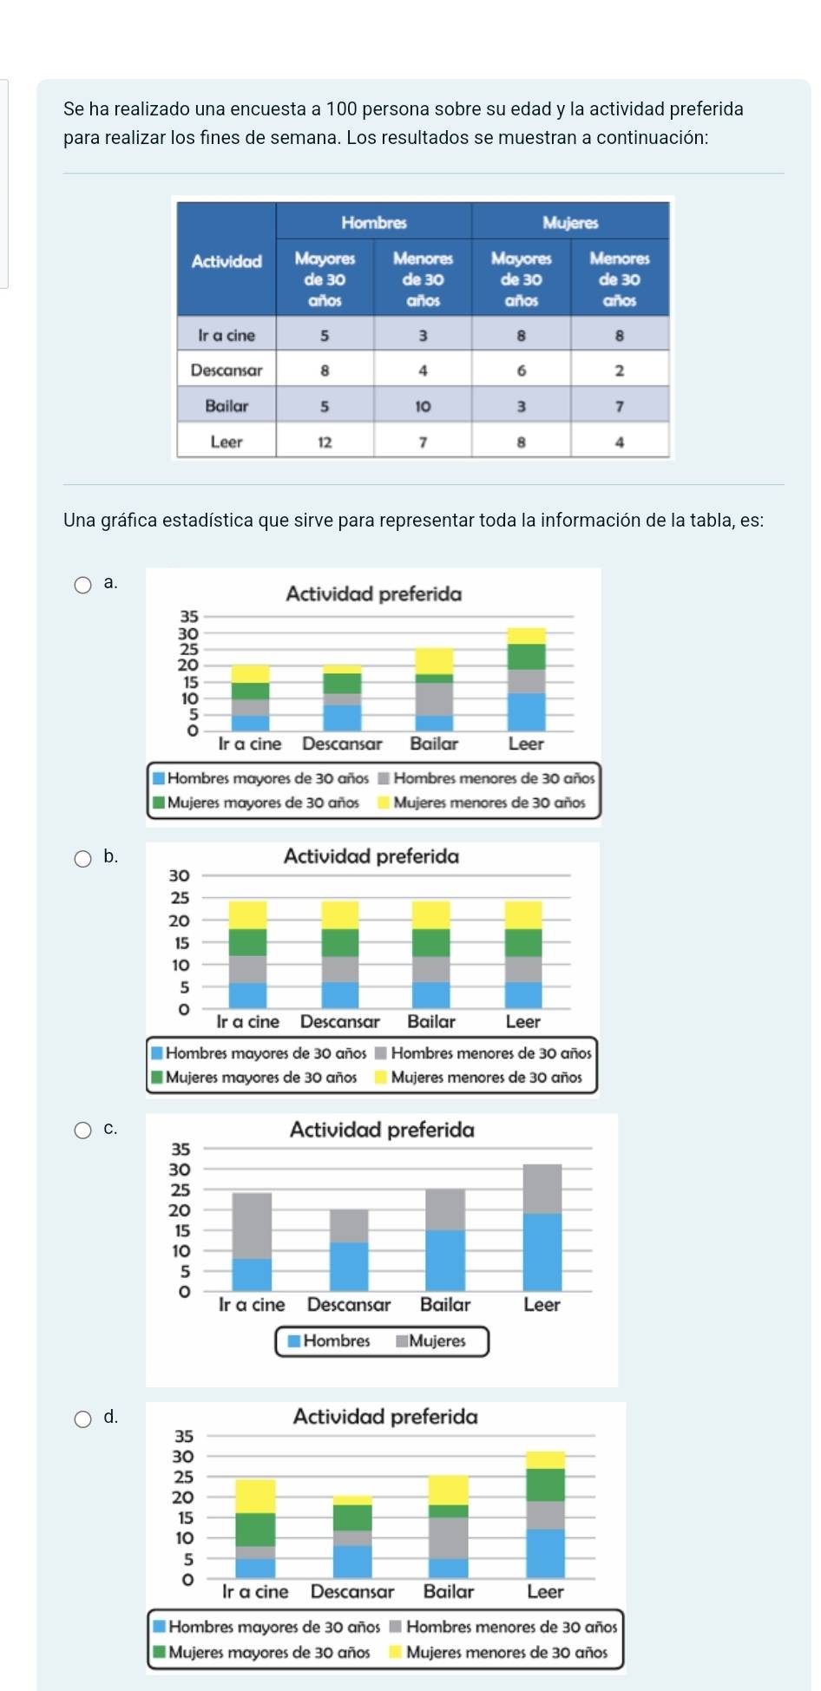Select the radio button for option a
[82, 584]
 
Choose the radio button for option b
[82, 859]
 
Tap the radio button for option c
[82, 1130]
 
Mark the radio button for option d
[82, 1419]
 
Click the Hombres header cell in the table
[374, 222]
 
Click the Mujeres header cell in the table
[570, 222]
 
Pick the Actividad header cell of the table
[227, 261]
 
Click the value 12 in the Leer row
[325, 442]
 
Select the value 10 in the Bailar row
[423, 406]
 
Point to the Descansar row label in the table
[227, 370]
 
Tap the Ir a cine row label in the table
[227, 335]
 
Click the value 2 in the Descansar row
[620, 370]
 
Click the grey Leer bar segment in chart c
[542, 1189]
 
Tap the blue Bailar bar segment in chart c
[445, 1260]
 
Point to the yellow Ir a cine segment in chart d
[255, 1496]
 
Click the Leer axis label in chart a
[526, 744]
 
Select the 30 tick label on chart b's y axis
[179, 875]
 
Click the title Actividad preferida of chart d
[385, 1417]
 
